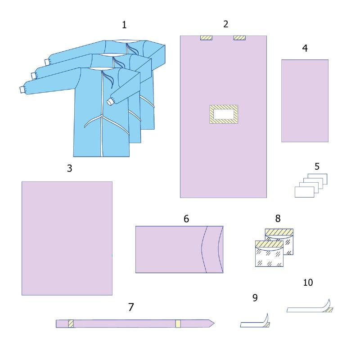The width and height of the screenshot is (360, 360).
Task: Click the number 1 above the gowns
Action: pyautogui.click(x=124, y=25)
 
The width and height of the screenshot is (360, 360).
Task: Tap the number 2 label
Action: pyautogui.click(x=226, y=24)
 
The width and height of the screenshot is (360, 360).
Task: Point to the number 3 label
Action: pyautogui.click(x=70, y=168)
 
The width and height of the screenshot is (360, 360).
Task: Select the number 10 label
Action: pyautogui.click(x=308, y=283)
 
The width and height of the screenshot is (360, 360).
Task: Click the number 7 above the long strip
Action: pyautogui.click(x=131, y=307)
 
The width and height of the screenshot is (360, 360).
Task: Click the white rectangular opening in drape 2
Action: pyautogui.click(x=224, y=114)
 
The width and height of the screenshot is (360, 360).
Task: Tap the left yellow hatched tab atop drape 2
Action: pyautogui.click(x=206, y=38)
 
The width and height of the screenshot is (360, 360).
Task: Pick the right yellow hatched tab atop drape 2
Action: pyautogui.click(x=239, y=38)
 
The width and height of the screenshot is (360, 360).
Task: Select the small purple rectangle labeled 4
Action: pyautogui.click(x=305, y=101)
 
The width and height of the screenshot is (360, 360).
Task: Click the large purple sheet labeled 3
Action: pyautogui.click(x=67, y=238)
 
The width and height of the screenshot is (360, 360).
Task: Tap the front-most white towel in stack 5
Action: pyautogui.click(x=305, y=192)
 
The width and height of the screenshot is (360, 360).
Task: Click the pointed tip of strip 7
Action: pyautogui.click(x=214, y=324)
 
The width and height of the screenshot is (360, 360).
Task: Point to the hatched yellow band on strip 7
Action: pyautogui.click(x=71, y=324)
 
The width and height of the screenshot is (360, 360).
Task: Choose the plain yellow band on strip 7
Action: pyautogui.click(x=178, y=324)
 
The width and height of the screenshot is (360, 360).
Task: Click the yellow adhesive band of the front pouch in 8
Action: pyautogui.click(x=269, y=244)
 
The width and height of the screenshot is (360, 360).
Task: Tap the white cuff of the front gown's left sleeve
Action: pyautogui.click(x=22, y=90)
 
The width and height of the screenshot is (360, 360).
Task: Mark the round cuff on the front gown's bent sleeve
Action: pyautogui.click(x=110, y=101)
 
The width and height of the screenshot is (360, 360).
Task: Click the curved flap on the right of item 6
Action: pyautogui.click(x=212, y=250)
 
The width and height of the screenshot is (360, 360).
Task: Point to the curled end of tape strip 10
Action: pyautogui.click(x=329, y=306)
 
